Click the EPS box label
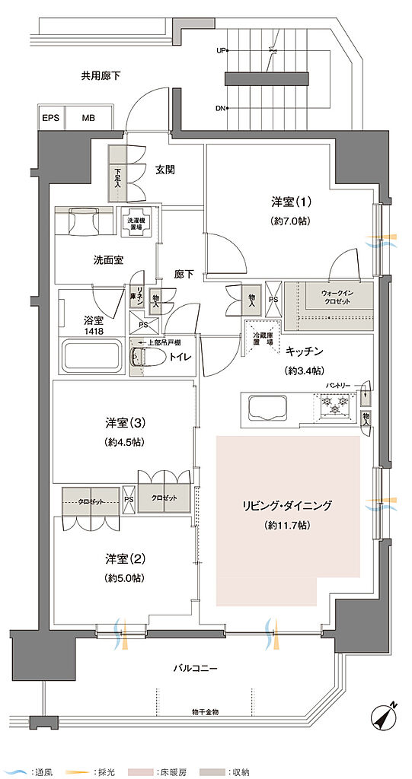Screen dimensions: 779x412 tap(51, 118)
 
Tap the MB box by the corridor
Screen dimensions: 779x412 tap(88, 118)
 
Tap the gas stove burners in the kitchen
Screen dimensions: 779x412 tap(333, 410)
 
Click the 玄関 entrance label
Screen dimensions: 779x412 tap(166, 170)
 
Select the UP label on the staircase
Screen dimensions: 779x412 tap(222, 51)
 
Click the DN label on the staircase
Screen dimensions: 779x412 tap(221, 108)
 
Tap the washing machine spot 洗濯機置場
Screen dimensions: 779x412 tap(137, 221)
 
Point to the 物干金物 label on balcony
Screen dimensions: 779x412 tap(205, 711)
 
